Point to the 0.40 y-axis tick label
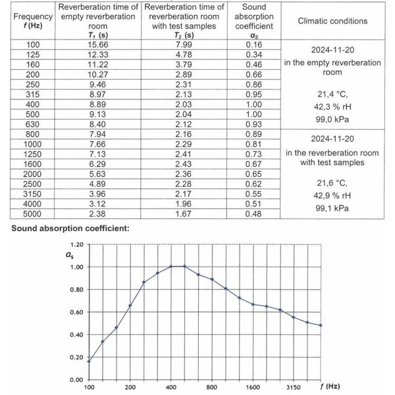click(74, 335)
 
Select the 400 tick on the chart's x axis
click(171, 388)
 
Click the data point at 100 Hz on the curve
click(90, 361)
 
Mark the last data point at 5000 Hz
click(320, 325)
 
